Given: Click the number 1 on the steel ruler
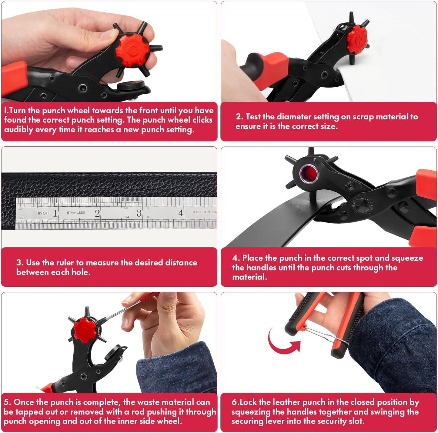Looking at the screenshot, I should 55,213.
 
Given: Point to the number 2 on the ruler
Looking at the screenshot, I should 97,213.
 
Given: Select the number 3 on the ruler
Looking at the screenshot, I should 139,213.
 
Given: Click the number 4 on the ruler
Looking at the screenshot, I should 181,213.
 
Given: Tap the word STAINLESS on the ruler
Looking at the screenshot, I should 76,212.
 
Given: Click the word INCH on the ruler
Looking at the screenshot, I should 43,213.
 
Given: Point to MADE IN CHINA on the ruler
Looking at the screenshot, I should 204,212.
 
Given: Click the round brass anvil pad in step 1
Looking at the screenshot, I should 131,86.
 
